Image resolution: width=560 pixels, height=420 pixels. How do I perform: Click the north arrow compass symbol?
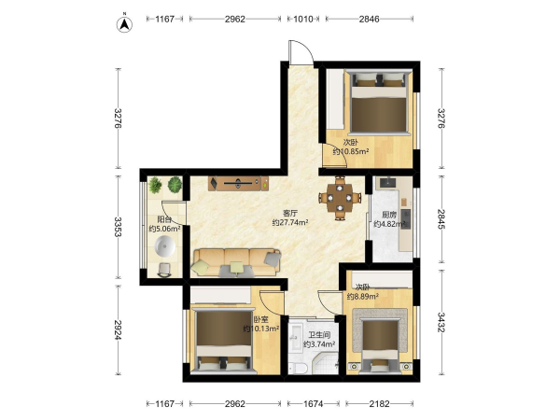pos(125,23)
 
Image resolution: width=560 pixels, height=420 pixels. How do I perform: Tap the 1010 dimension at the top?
pos(303,19)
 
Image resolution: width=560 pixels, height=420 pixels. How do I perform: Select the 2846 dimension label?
pos(369,19)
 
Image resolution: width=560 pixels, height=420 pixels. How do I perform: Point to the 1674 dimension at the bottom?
pos(314,404)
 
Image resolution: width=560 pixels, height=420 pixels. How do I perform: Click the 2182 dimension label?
pos(379,404)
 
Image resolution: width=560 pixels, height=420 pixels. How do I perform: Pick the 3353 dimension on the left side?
pos(119,227)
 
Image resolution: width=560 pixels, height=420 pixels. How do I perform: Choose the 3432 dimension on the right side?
pos(441,322)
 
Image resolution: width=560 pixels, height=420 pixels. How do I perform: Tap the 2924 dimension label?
pos(119,329)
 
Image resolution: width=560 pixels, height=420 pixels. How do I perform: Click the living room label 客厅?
pos(290,213)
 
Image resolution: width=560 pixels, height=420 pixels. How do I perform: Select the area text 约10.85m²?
pos(351,151)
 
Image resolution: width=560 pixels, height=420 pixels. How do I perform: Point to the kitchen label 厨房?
pos(389,215)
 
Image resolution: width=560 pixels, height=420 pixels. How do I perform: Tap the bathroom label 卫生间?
pos(319,335)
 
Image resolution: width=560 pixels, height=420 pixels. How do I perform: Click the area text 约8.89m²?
pos(363,296)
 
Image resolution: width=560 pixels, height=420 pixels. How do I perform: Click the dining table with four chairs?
pos(341,198)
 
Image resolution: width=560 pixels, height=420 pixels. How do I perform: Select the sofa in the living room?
pos(236,263)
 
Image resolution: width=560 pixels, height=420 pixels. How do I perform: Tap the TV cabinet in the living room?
pos(239,183)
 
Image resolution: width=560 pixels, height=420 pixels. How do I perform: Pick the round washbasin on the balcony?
pos(165,246)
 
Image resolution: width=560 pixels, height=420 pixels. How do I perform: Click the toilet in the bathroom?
pos(298,368)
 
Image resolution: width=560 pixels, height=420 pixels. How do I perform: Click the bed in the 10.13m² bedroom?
pos(224,342)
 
